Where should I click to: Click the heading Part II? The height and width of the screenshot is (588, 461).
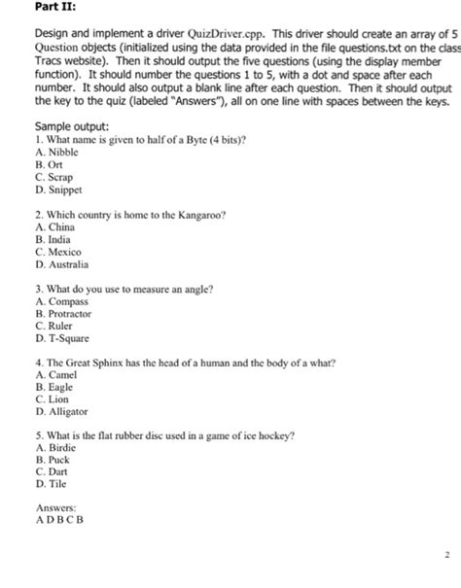click(55, 8)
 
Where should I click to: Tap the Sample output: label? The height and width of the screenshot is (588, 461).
click(71, 127)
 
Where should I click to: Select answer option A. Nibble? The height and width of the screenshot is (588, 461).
click(57, 153)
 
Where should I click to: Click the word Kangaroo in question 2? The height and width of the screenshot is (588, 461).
click(199, 214)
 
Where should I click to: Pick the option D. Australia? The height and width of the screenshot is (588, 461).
click(61, 263)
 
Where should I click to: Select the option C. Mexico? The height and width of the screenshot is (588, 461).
click(58, 252)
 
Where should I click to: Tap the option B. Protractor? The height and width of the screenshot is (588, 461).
click(63, 314)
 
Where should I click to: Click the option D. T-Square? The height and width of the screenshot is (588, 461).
click(61, 338)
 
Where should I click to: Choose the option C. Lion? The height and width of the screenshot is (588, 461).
click(53, 399)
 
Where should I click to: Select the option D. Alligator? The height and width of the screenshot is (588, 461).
click(61, 412)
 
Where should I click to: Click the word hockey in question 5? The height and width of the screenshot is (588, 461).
click(275, 436)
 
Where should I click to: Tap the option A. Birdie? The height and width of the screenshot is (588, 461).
click(55, 449)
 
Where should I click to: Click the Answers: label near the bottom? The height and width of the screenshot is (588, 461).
click(55, 507)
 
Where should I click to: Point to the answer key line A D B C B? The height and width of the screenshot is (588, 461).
click(60, 519)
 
